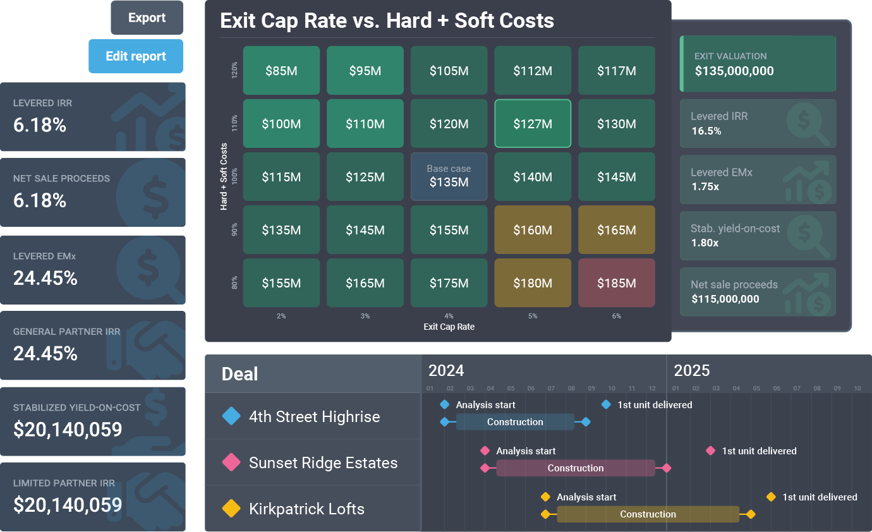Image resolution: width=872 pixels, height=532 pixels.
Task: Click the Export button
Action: coord(147,18)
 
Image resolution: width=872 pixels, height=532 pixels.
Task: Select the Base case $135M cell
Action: coord(449,177)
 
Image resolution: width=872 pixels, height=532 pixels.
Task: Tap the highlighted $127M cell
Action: coord(533,124)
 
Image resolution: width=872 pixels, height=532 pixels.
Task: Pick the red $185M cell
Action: coord(616,283)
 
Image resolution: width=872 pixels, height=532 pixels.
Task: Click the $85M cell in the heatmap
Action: coord(281,71)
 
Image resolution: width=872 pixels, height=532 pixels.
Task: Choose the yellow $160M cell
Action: coord(533,230)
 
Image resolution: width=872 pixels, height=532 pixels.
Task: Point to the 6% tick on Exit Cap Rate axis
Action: coord(616,316)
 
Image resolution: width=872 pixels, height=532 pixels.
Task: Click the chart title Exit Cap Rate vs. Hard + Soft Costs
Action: coord(387,21)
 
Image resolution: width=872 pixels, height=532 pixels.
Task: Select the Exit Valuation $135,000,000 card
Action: coord(758,64)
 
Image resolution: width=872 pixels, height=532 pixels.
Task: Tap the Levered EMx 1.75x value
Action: coord(706,186)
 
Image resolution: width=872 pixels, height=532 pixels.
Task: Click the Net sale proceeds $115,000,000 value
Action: coord(725,299)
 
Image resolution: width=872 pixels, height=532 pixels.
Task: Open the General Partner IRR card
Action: coord(93,344)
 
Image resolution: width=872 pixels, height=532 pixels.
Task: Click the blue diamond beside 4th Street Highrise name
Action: coord(231,416)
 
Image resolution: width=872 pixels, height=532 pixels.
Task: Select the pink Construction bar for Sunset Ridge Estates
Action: coord(575,468)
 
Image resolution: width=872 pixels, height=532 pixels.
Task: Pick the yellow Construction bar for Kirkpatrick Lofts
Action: coord(648,514)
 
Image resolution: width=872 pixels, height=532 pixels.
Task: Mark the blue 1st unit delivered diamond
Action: coord(606,404)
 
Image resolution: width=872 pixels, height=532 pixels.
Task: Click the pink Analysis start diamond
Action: coord(485,451)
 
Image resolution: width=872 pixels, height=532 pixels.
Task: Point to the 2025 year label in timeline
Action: coord(691,370)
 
